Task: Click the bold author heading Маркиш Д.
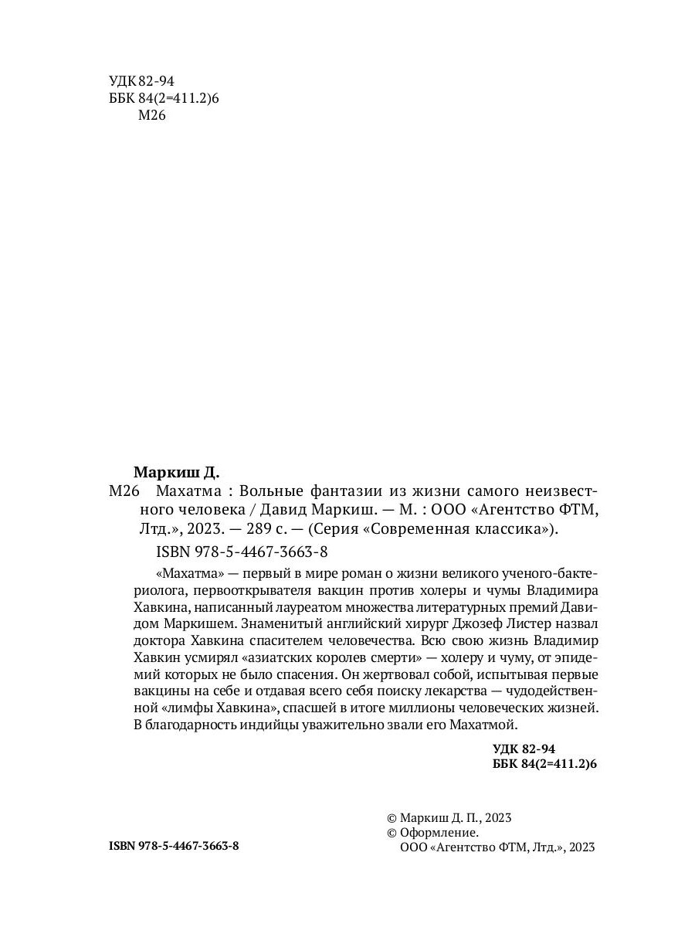point(177,472)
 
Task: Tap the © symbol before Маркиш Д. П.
point(391,818)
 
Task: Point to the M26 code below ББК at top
point(152,116)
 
